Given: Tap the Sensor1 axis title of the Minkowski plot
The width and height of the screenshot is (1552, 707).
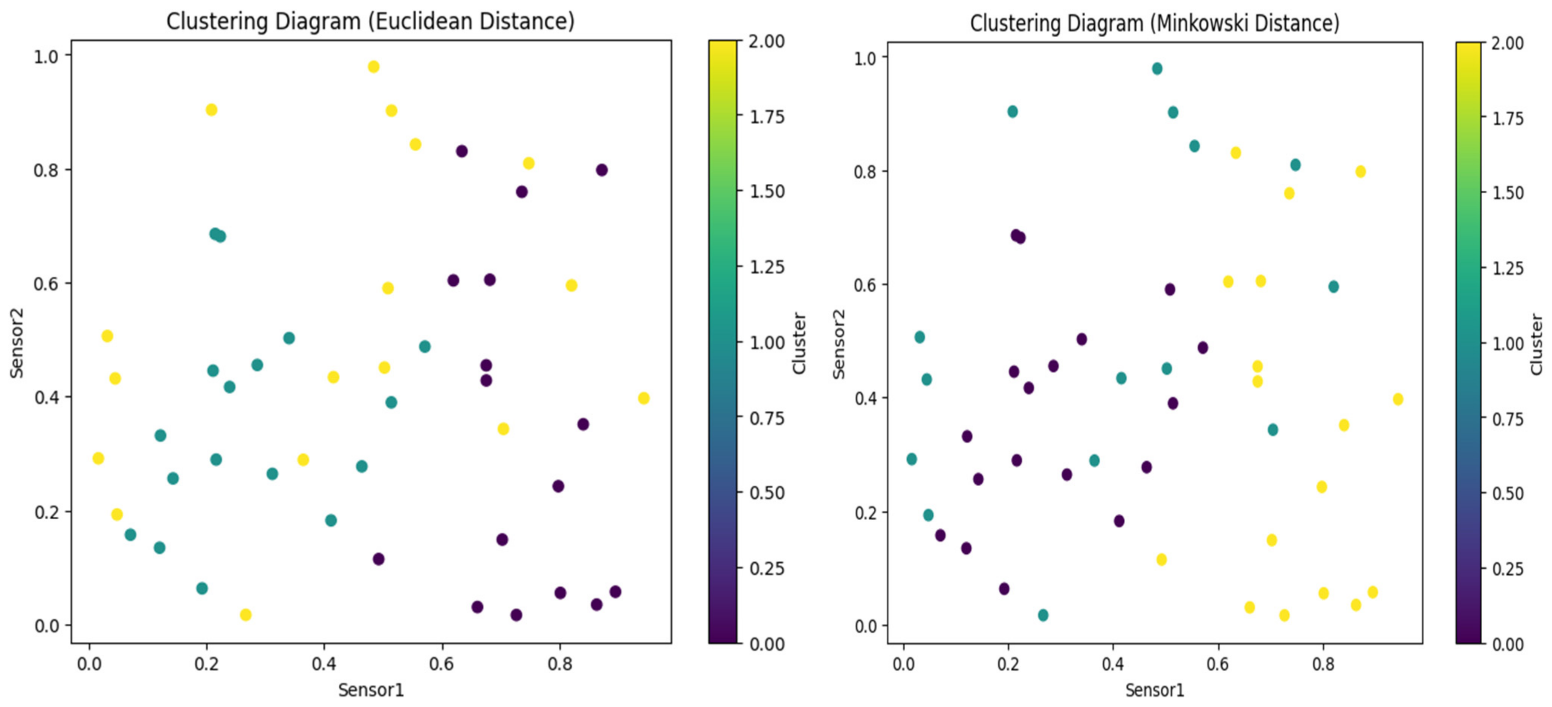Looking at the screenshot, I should click(x=1154, y=690).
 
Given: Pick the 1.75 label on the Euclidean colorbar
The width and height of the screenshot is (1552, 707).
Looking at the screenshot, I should click(x=766, y=117).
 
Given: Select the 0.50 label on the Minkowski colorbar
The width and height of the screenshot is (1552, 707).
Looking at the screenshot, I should click(x=1508, y=494).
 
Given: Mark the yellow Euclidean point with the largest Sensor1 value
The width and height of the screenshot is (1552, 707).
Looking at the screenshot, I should click(x=643, y=398).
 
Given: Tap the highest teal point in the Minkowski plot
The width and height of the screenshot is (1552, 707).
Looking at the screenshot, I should click(x=1157, y=69).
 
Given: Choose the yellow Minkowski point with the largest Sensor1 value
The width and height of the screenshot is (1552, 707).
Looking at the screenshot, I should click(x=1398, y=399).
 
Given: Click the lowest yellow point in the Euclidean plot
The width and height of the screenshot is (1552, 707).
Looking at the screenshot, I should click(x=245, y=615).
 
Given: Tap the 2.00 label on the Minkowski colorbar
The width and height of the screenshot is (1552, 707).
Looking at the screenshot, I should click(x=1508, y=43).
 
